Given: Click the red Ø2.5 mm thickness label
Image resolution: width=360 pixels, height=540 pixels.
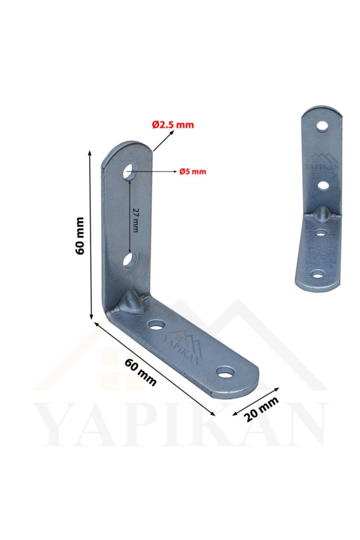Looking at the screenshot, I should pos(173,124).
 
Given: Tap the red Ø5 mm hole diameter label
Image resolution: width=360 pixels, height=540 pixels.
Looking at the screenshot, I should pos(193,172).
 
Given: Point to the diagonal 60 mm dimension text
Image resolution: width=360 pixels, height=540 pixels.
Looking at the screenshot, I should pos(140,373).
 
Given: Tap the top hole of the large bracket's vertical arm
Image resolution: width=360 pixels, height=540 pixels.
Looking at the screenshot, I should pos(129,172).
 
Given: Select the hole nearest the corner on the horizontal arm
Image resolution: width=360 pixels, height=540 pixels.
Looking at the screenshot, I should pos(157,325).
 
